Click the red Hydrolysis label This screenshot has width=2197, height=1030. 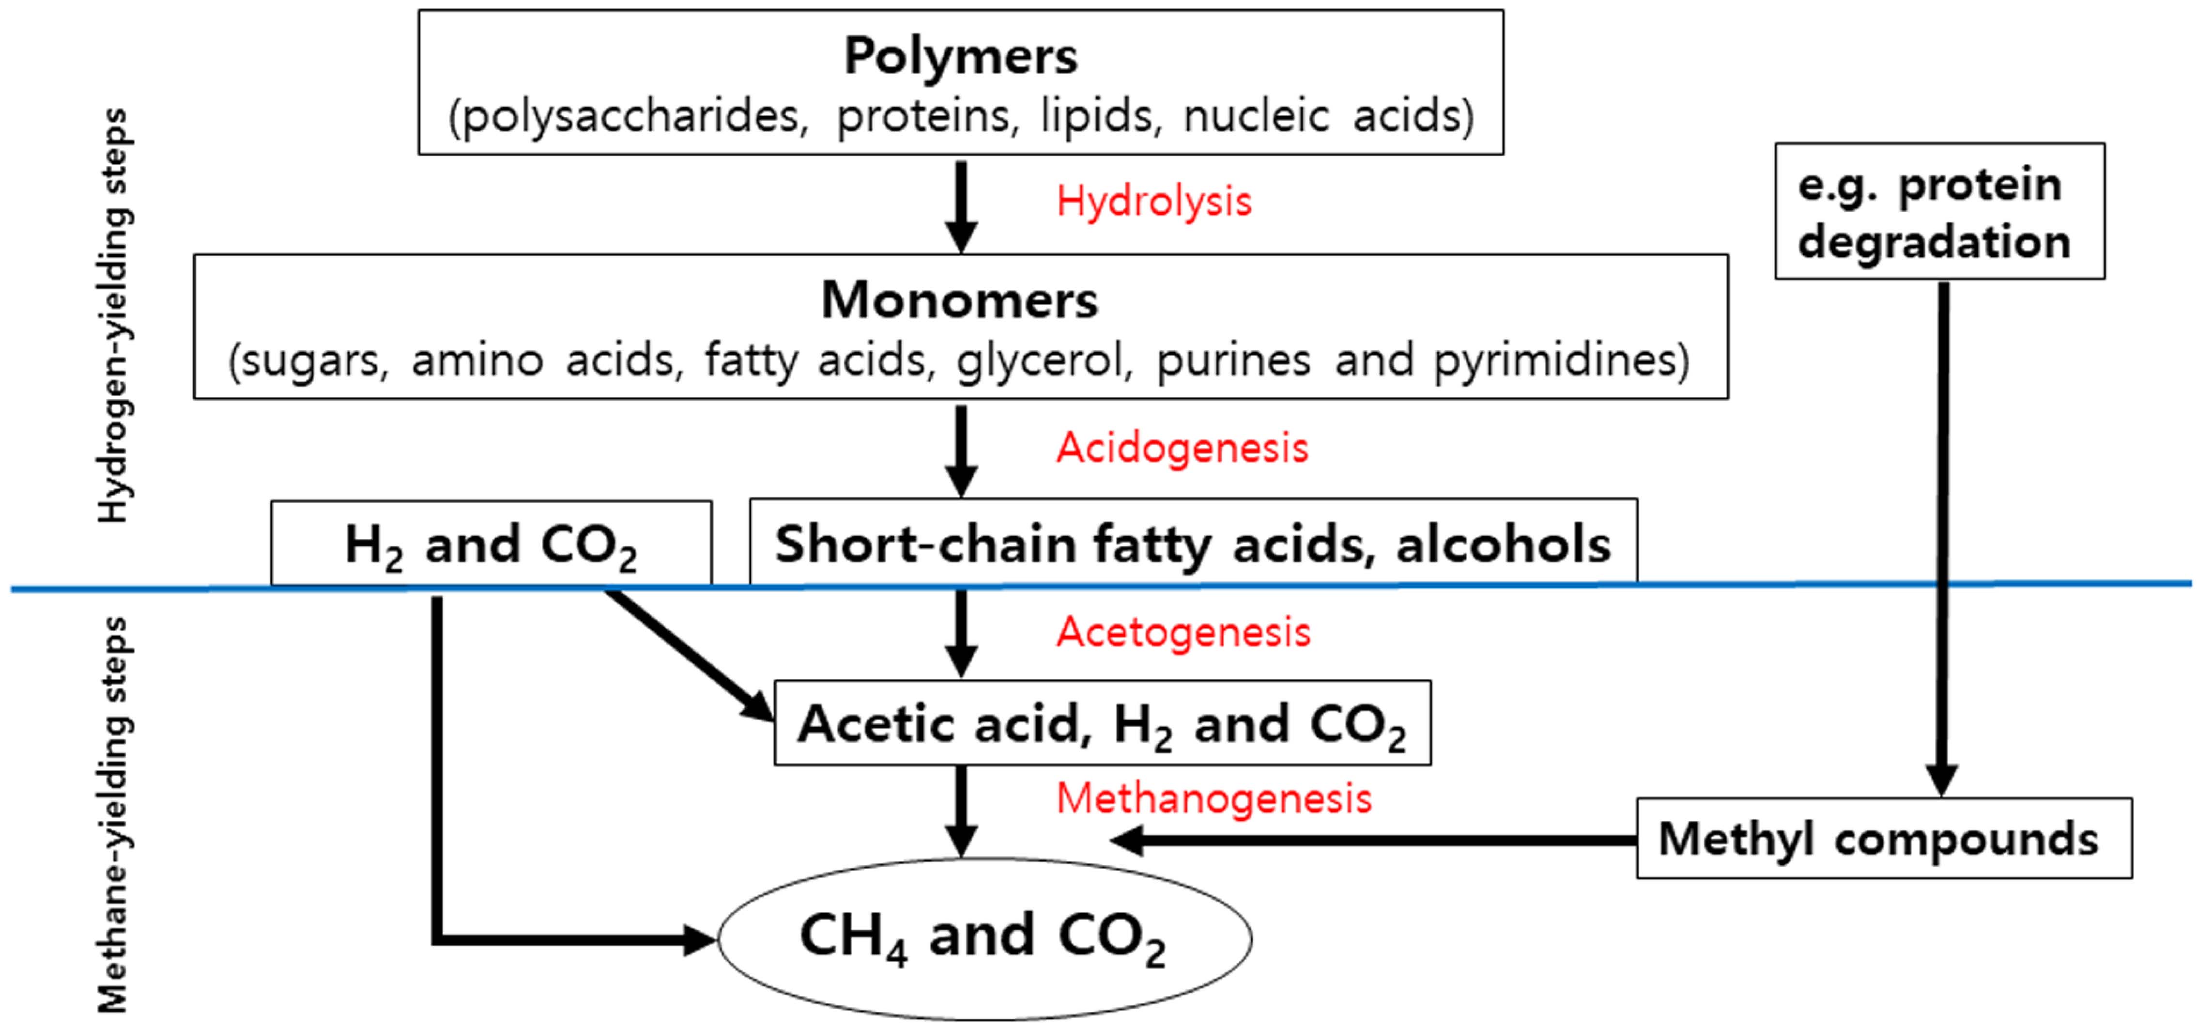[1153, 202]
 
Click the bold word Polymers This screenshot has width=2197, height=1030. [960, 56]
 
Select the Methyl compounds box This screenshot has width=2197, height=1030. [1883, 838]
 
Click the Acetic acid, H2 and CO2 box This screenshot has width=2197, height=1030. [1102, 723]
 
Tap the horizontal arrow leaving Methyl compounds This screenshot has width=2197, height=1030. [1373, 840]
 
